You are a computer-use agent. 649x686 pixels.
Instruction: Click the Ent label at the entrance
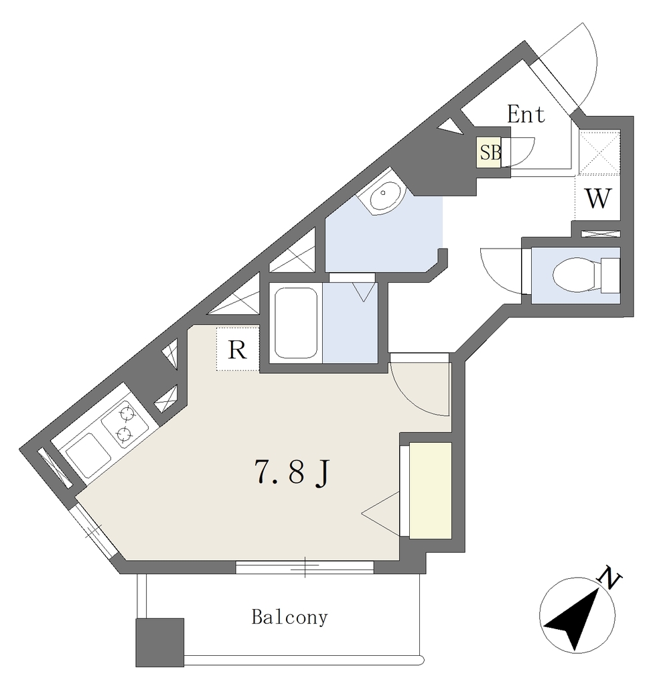(x=526, y=114)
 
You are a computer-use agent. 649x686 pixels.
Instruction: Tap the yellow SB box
(x=489, y=152)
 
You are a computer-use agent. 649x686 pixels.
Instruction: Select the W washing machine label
(x=597, y=198)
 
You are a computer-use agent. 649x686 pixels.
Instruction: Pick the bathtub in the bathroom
(x=295, y=322)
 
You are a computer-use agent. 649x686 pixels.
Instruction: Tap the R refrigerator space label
(x=237, y=350)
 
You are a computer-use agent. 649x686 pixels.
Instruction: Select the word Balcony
(x=289, y=617)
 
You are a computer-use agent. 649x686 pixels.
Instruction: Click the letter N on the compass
(x=609, y=578)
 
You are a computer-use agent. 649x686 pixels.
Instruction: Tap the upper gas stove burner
(x=127, y=413)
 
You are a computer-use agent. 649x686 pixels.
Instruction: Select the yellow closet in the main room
(x=430, y=490)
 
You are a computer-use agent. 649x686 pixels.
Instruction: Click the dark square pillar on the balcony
(x=159, y=642)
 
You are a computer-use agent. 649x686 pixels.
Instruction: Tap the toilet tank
(x=610, y=275)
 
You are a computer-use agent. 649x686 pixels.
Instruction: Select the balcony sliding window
(x=305, y=567)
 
